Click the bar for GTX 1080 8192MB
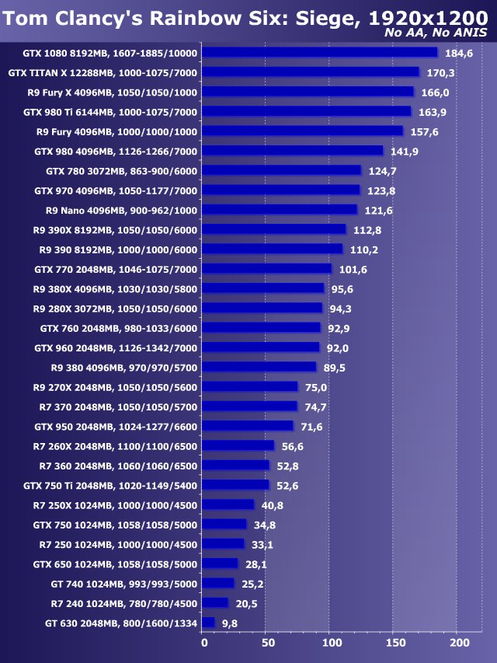320,53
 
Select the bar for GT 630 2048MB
209,623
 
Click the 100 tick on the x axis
331,643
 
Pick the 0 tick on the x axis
203,643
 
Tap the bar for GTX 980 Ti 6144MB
307,112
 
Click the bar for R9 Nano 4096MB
280,210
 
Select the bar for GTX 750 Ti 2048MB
236,485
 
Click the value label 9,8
229,623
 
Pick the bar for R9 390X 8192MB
274,229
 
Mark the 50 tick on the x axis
267,643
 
